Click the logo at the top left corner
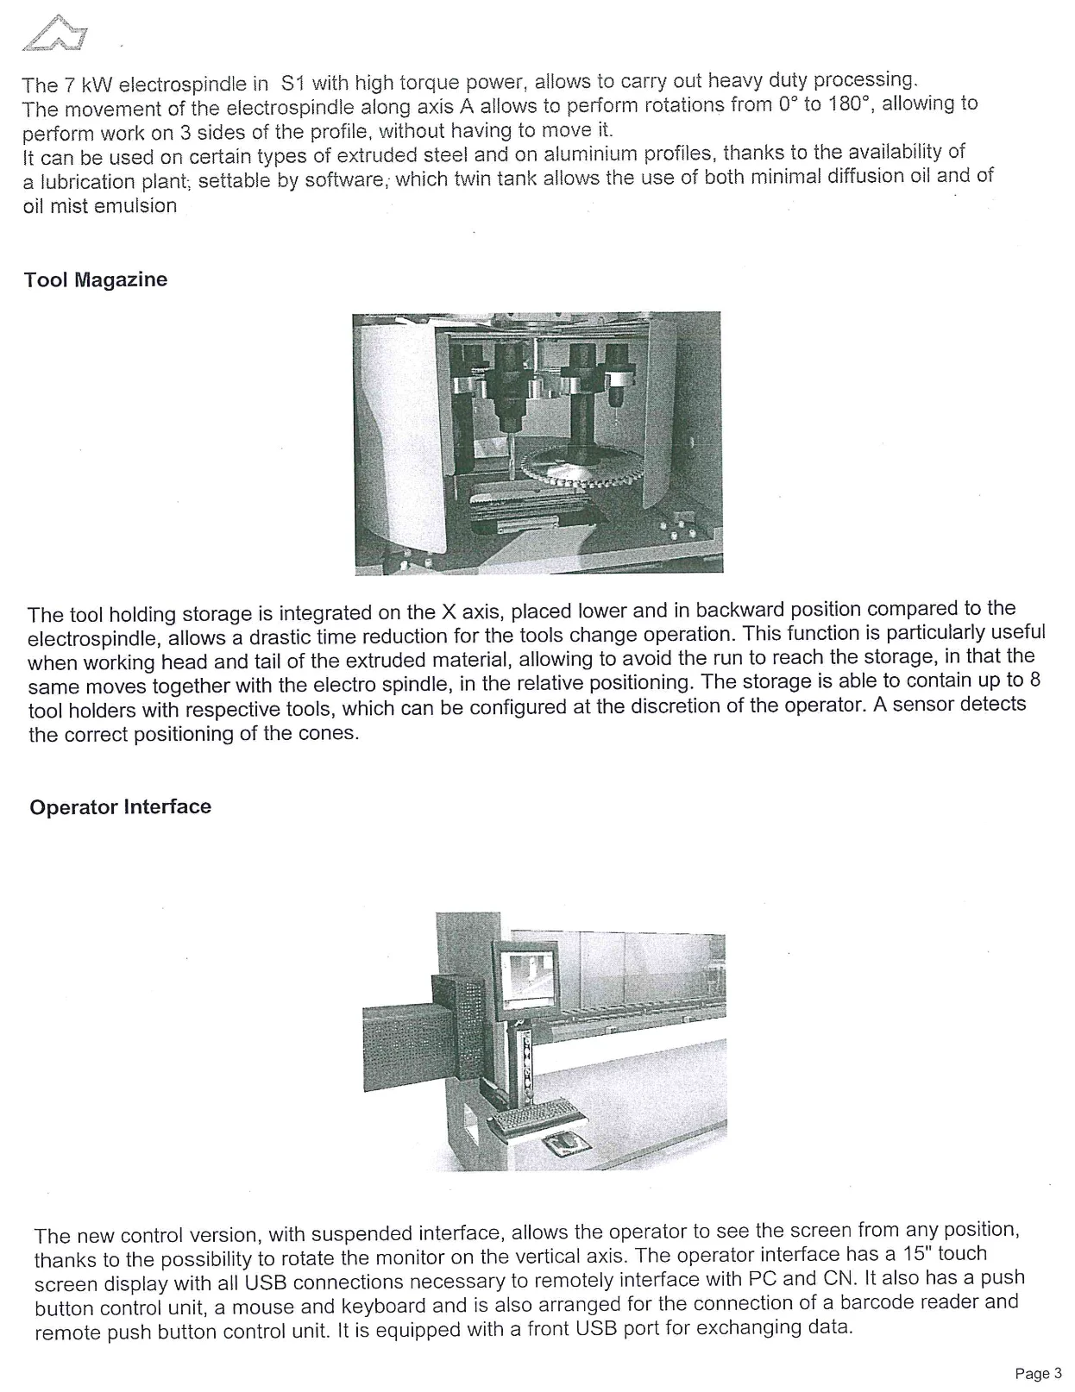[57, 34]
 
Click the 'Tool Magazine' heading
[96, 279]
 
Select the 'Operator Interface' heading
[120, 807]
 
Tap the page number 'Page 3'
[1038, 1373]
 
